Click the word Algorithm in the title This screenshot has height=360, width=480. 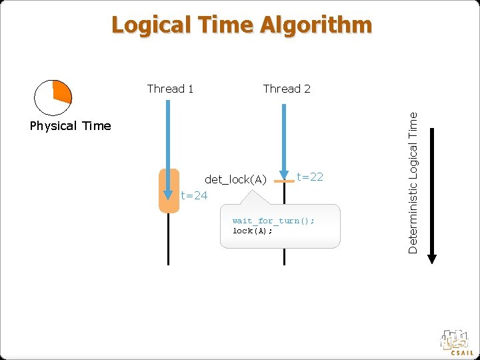click(316, 25)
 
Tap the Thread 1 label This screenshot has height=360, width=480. click(170, 89)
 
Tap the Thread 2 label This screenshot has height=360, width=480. click(287, 89)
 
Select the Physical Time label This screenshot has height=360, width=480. click(70, 126)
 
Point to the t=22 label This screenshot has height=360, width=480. click(309, 177)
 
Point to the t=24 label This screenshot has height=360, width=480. click(194, 195)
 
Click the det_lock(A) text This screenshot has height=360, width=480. click(235, 179)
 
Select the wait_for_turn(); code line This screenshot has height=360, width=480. click(273, 221)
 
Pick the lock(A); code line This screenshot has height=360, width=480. click(252, 231)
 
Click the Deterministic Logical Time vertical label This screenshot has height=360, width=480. click(413, 182)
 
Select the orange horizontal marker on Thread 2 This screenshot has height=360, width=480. click(285, 181)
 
